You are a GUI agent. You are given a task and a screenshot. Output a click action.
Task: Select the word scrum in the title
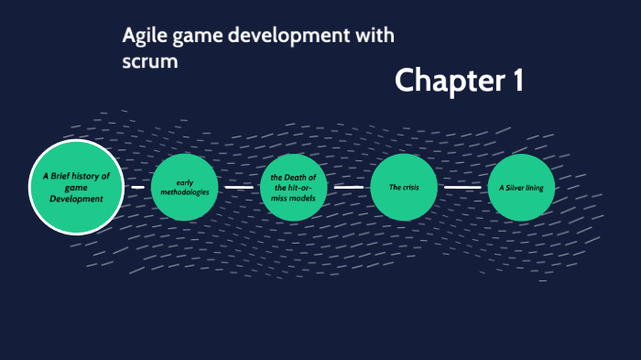click(x=147, y=63)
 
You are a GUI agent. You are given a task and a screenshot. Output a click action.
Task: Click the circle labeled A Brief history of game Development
click(x=76, y=187)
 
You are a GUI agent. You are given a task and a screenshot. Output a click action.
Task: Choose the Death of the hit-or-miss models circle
click(x=293, y=188)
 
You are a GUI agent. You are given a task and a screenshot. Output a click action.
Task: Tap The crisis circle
click(x=404, y=188)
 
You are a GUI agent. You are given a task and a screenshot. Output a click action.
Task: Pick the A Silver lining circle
click(x=521, y=188)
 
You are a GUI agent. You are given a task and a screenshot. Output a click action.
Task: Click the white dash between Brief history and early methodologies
click(x=137, y=188)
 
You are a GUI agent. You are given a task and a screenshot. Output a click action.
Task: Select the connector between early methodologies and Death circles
click(x=239, y=188)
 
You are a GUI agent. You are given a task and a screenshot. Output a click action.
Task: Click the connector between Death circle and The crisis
click(x=349, y=188)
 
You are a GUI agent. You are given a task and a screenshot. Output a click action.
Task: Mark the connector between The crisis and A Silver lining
click(x=462, y=188)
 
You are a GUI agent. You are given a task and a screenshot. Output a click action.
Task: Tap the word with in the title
click(x=375, y=38)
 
